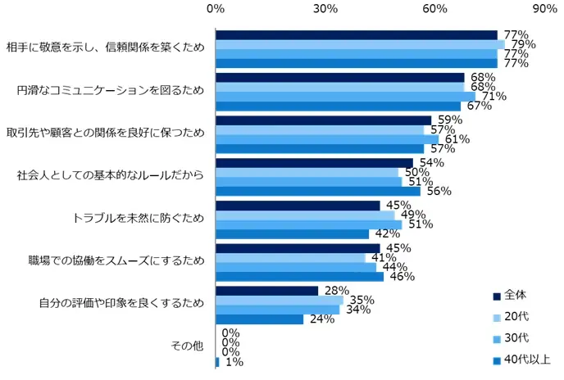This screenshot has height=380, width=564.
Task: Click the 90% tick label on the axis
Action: (x=544, y=9)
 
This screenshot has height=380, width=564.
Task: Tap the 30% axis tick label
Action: (x=325, y=9)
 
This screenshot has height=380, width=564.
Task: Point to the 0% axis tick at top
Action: (x=216, y=9)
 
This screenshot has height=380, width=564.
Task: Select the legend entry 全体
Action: (x=515, y=295)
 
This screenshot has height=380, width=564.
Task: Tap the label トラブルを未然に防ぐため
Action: (x=139, y=218)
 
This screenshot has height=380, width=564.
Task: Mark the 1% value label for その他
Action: (x=233, y=362)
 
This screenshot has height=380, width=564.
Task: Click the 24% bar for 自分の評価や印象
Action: (x=259, y=319)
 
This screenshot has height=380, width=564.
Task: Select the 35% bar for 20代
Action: (x=279, y=301)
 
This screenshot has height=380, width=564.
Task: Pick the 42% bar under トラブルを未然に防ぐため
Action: (x=292, y=234)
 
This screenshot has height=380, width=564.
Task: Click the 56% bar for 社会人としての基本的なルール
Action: (x=317, y=192)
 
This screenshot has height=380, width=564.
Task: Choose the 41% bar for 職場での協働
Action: (x=290, y=258)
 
